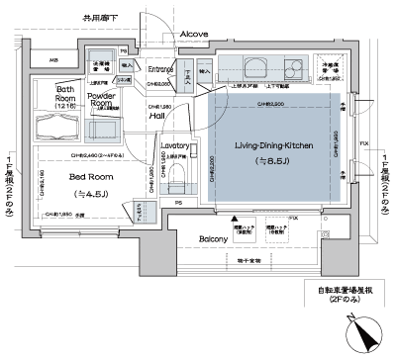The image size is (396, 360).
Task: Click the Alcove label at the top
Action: pyautogui.click(x=192, y=35)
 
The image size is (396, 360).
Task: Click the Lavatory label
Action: pyautogui.click(x=175, y=145)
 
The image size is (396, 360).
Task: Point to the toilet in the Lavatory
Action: pyautogui.click(x=178, y=179)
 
